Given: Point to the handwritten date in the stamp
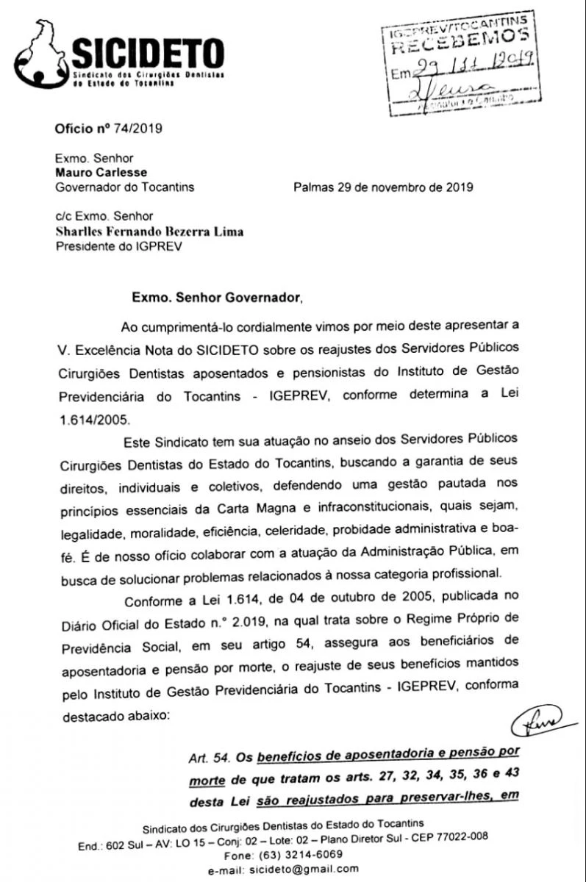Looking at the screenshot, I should coord(471,71).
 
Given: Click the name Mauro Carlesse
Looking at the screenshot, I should coord(101,172).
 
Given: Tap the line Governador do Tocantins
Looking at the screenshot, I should coord(125,187).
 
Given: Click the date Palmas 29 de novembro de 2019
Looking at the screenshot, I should coord(383,187).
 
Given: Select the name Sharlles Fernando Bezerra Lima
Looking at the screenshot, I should coord(149,232).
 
